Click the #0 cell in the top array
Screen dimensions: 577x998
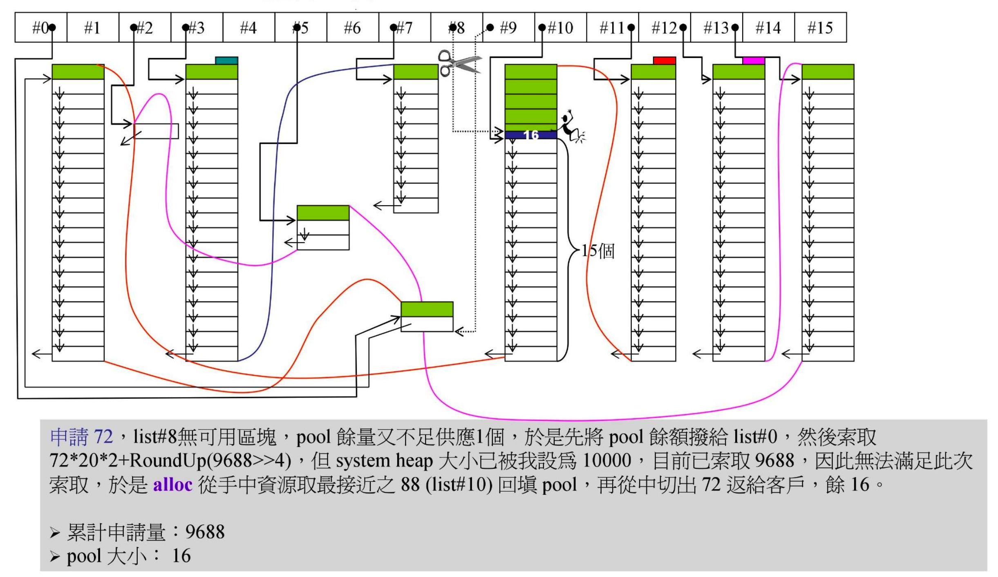41,28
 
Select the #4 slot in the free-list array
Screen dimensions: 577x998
248,28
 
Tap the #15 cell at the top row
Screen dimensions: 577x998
820,28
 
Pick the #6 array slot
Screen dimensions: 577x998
352,28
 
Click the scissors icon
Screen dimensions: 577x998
459,63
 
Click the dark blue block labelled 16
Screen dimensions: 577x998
530,135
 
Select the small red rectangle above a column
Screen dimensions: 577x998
664,60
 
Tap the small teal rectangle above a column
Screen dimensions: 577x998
226,60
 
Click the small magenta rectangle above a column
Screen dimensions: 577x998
753,60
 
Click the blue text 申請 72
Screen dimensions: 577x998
81,436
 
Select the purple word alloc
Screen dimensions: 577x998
172,485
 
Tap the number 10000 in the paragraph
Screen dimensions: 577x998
606,461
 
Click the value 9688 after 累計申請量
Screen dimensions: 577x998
205,532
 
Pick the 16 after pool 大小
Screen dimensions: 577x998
181,556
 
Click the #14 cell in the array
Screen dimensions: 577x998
768,28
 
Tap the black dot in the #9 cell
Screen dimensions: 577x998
490,27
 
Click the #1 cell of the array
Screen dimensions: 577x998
92,28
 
